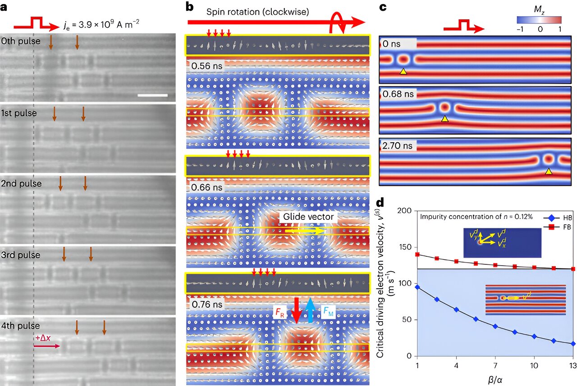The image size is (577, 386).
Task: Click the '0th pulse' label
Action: pyautogui.click(x=21, y=41)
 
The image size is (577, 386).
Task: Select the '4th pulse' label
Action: pyautogui.click(x=21, y=326)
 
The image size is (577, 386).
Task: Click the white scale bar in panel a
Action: pyautogui.click(x=152, y=95)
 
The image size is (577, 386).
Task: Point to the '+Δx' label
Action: pyautogui.click(x=43, y=338)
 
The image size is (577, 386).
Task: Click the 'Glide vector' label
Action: pyautogui.click(x=308, y=217)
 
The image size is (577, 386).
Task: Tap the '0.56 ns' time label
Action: pyautogui.click(x=207, y=66)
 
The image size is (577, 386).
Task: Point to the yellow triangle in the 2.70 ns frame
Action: pyautogui.click(x=548, y=171)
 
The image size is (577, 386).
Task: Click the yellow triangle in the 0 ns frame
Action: pyautogui.click(x=403, y=71)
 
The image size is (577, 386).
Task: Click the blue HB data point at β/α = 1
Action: pyautogui.click(x=417, y=287)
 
